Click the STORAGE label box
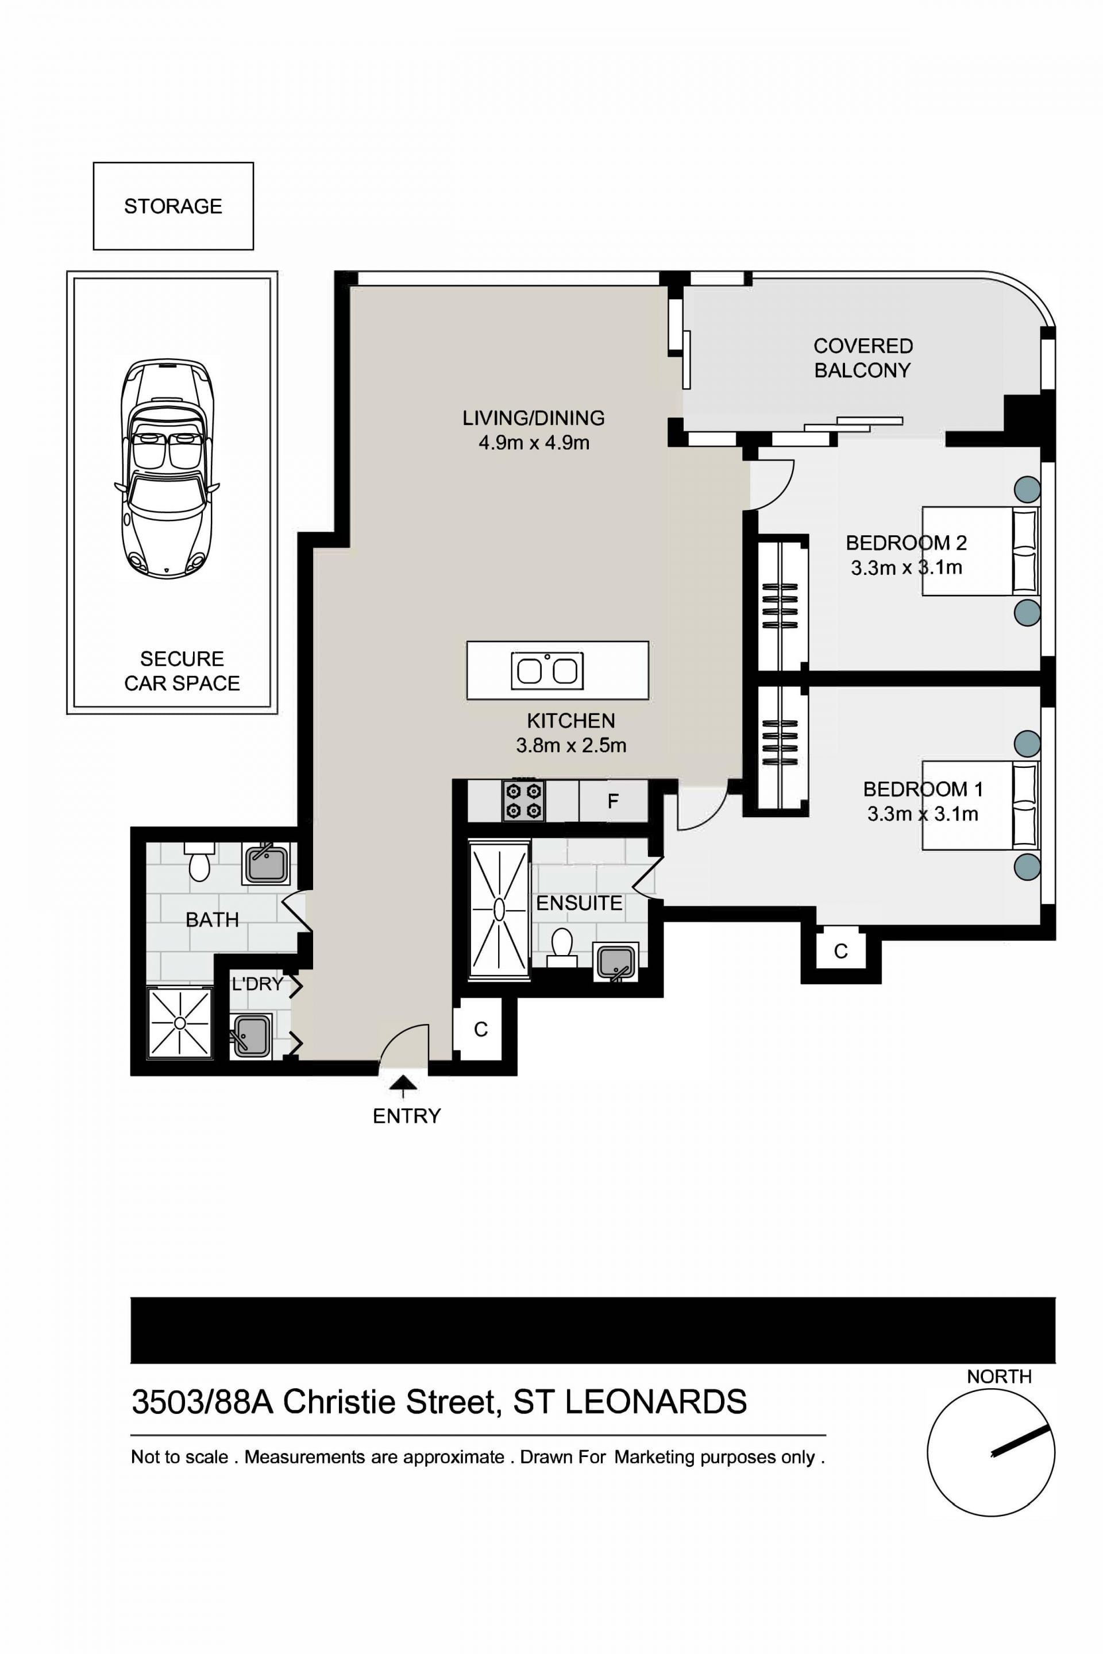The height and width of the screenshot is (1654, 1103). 173,206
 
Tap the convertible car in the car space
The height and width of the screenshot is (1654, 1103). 167,469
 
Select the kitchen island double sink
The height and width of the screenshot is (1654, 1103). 546,671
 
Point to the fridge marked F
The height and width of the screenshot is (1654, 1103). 613,801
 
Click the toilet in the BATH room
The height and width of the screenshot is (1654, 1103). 200,862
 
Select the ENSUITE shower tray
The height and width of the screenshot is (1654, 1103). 499,909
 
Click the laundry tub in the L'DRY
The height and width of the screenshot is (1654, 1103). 250,1036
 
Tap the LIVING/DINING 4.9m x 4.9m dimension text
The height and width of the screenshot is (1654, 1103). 534,443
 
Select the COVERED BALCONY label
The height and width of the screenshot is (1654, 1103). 863,358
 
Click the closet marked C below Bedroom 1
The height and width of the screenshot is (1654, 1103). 840,952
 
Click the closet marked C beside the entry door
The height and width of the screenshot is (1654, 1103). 480,1030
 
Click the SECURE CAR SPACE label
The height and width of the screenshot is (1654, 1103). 182,671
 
